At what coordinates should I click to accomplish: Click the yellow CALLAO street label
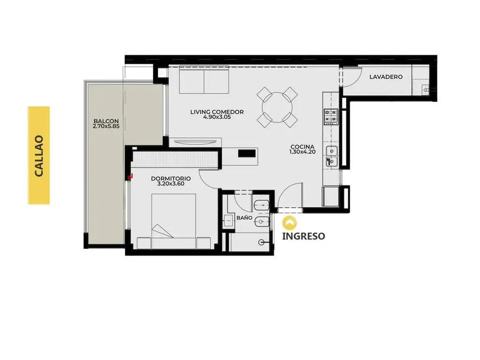[38, 156]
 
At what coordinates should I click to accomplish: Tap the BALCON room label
[106, 121]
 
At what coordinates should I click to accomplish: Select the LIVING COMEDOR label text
[217, 112]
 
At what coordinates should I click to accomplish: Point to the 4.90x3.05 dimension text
[217, 117]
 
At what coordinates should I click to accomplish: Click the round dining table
[277, 107]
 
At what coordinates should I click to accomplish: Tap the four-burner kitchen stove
[331, 117]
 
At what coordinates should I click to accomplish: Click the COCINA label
[302, 147]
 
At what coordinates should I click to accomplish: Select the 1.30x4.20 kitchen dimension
[302, 152]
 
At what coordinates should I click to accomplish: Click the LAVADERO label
[386, 77]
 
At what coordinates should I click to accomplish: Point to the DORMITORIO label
[171, 179]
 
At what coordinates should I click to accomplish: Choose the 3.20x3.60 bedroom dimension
[171, 184]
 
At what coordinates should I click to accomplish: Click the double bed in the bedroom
[173, 221]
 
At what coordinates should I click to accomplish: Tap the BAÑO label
[244, 218]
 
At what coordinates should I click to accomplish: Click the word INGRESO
[303, 236]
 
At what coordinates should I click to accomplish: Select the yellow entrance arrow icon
[290, 223]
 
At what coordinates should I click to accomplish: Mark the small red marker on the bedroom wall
[131, 176]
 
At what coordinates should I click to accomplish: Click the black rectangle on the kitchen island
[247, 153]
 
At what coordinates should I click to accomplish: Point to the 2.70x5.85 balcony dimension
[106, 126]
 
